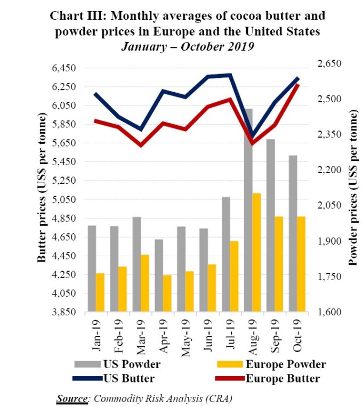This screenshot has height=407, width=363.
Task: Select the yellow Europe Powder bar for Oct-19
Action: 301,264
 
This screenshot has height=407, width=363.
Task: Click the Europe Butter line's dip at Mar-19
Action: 141,145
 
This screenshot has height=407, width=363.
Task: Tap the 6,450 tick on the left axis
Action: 66,68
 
